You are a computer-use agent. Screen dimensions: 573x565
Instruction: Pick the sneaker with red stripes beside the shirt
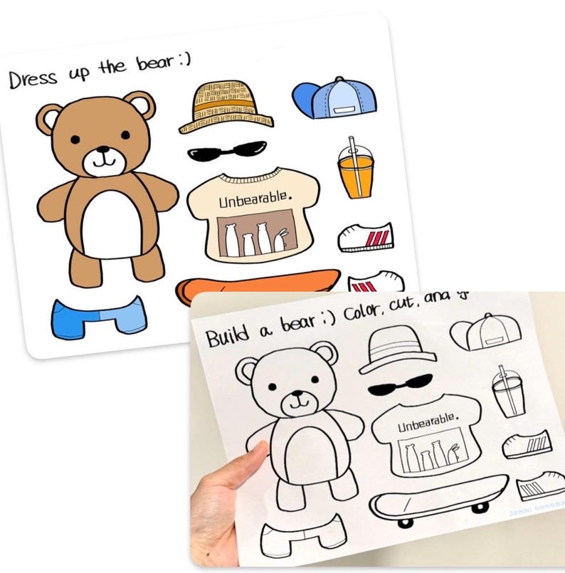[x=366, y=236]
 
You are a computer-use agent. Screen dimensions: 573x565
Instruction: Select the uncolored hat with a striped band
[x=396, y=349]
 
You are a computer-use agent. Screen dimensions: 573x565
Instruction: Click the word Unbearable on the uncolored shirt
[x=427, y=425]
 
